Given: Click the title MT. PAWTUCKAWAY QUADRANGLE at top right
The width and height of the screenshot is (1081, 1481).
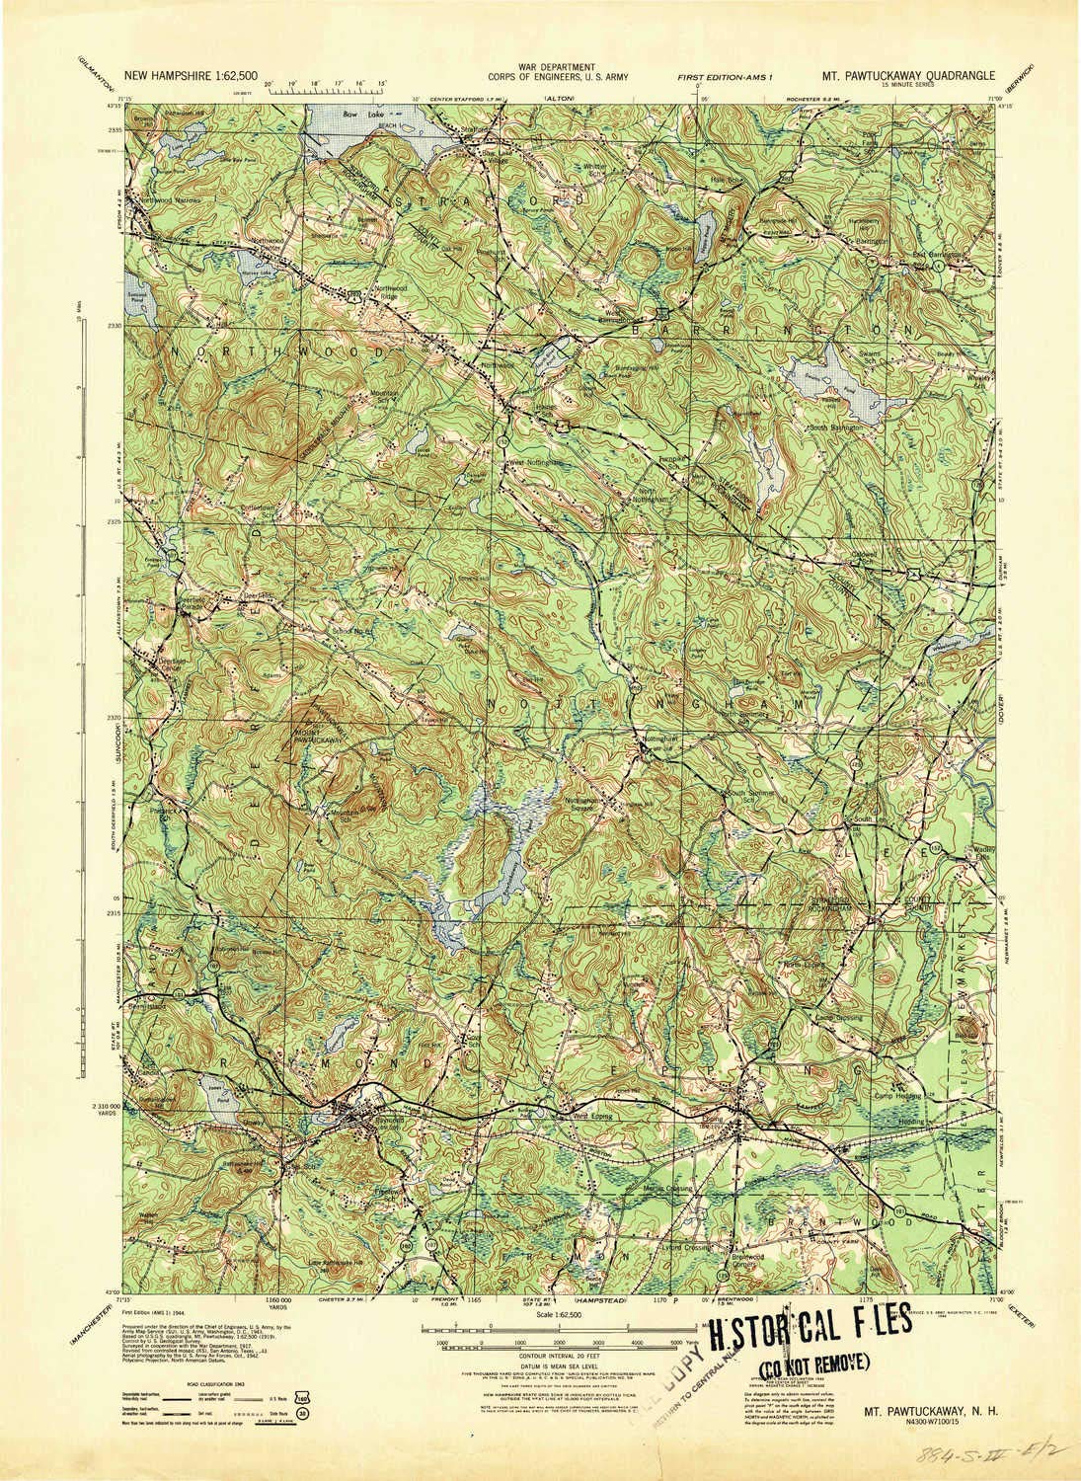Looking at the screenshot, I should click(x=908, y=74).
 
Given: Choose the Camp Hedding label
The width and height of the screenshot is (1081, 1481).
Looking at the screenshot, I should click(x=896, y=1095).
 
